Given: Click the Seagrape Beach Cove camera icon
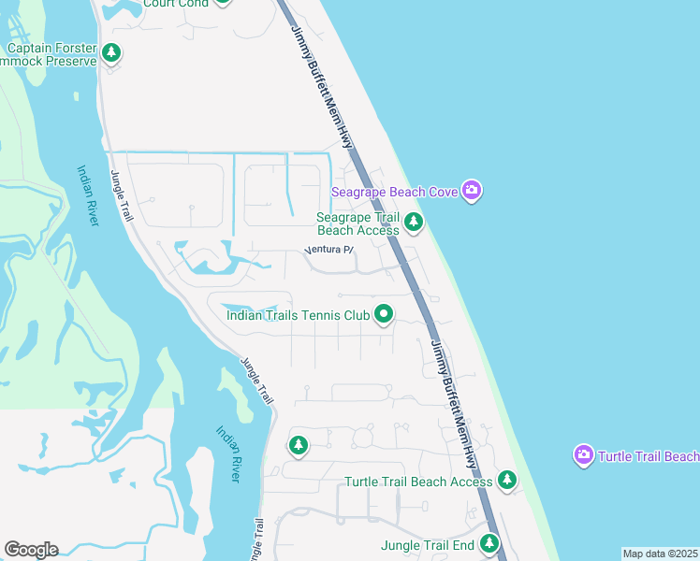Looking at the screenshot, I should click(472, 192).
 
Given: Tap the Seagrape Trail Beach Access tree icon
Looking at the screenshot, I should click(414, 223).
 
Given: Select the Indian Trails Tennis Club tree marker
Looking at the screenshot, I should click(383, 314).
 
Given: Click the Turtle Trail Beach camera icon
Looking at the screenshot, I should click(584, 455).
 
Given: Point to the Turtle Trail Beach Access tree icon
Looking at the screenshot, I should click(506, 481).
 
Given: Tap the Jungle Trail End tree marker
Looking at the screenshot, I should click(489, 543).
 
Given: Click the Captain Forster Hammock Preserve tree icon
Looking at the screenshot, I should click(112, 53).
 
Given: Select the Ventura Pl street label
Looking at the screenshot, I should click(330, 250).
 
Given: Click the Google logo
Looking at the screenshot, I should click(31, 550).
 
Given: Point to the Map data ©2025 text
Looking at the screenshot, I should click(660, 554).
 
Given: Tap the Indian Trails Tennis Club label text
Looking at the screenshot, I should click(299, 315).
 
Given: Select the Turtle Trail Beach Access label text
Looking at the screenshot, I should click(418, 482).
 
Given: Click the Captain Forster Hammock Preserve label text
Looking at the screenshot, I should click(51, 54).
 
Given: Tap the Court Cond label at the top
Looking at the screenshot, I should click(175, 4).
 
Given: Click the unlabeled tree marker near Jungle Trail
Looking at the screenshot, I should click(299, 445).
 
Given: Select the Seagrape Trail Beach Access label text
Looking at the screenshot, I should click(358, 223).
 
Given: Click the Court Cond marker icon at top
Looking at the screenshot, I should click(222, 3).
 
